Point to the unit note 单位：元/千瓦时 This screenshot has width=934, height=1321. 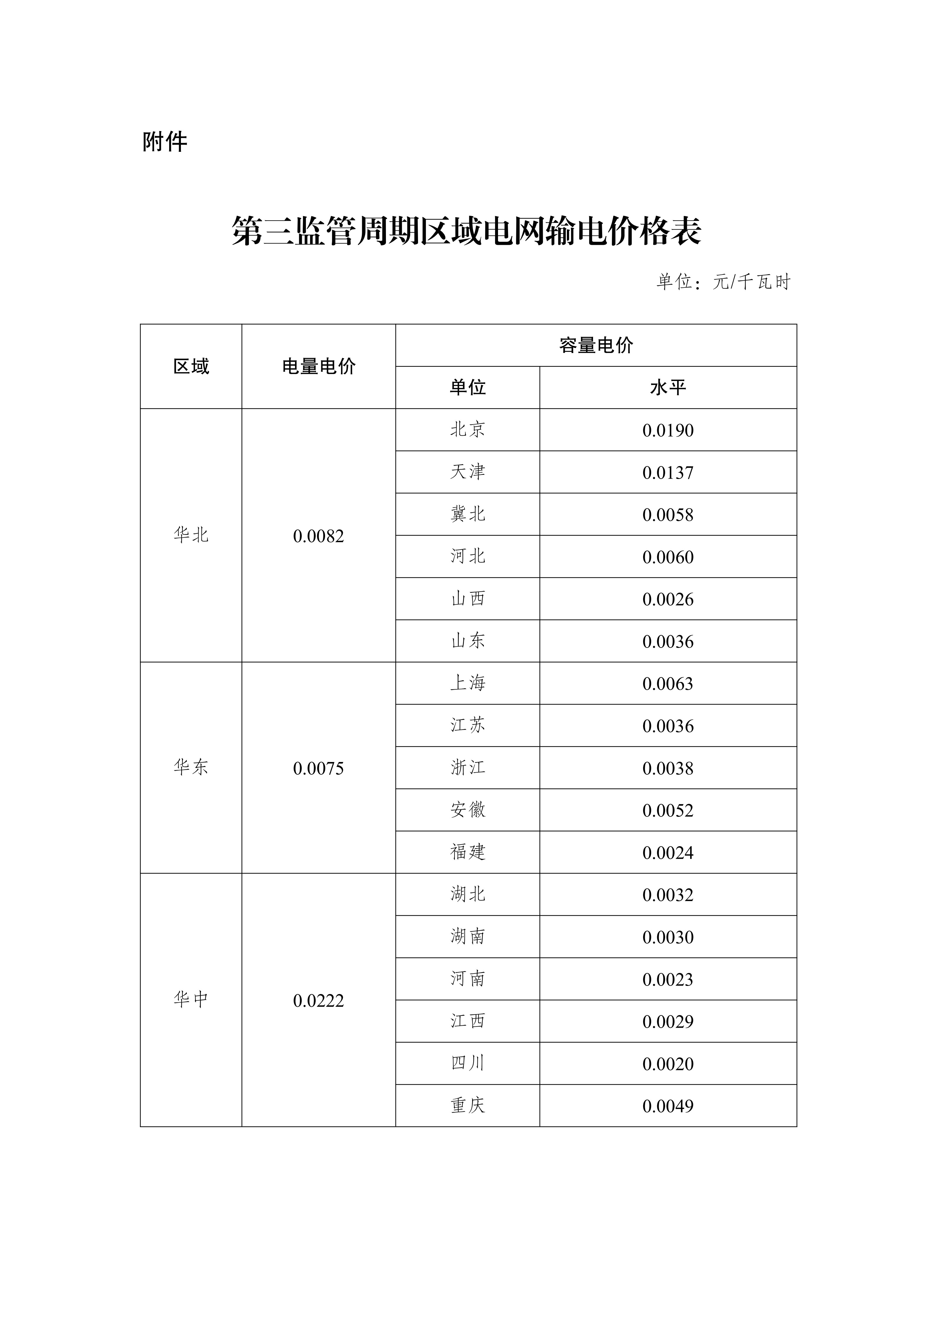pos(723,282)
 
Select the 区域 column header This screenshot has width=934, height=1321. pos(191,367)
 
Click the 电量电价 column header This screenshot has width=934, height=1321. pos(319,367)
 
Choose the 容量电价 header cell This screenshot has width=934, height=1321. pos(596,345)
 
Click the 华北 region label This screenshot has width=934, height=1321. pos(191,535)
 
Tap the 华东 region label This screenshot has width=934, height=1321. pos(191,767)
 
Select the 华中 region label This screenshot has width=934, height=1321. pos(191,999)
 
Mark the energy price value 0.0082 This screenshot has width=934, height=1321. pos(319,536)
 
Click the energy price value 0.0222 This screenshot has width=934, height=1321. pos(319,1001)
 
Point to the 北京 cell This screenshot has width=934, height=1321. pos(467,429)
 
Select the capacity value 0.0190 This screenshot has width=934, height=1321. pos(668,430)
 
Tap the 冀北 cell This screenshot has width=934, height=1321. pos(467,514)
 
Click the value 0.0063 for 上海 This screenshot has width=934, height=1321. pos(668,683)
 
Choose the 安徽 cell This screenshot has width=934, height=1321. pos(467,809)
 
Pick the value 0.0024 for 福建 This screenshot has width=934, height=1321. pos(668,853)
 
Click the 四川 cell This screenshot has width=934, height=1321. pos(467,1063)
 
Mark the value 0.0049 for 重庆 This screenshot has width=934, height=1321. pos(668,1106)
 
